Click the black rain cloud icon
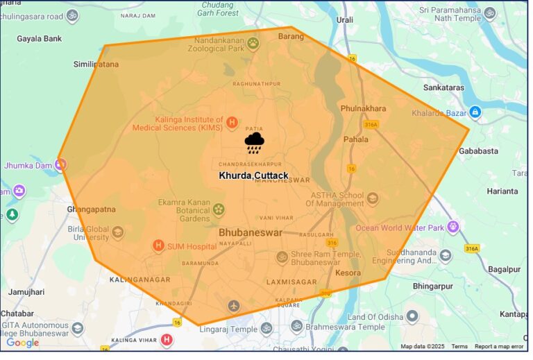pos(254,143)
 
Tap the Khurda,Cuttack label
pos(253,175)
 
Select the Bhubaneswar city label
pos(251,232)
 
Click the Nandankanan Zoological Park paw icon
pos(253,44)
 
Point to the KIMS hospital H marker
pos(232,122)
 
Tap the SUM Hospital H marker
pos(158,246)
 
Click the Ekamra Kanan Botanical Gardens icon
pos(219,209)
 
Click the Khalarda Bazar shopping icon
pos(475,112)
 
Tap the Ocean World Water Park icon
pos(453,225)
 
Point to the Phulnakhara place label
pos(363,108)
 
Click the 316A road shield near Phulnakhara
pos(371,124)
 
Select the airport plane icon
pos(233,305)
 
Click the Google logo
pos(22,343)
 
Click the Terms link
pos(459,346)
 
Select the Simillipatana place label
pos(96,65)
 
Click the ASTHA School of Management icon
pos(373,199)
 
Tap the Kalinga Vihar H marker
pos(167,340)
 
